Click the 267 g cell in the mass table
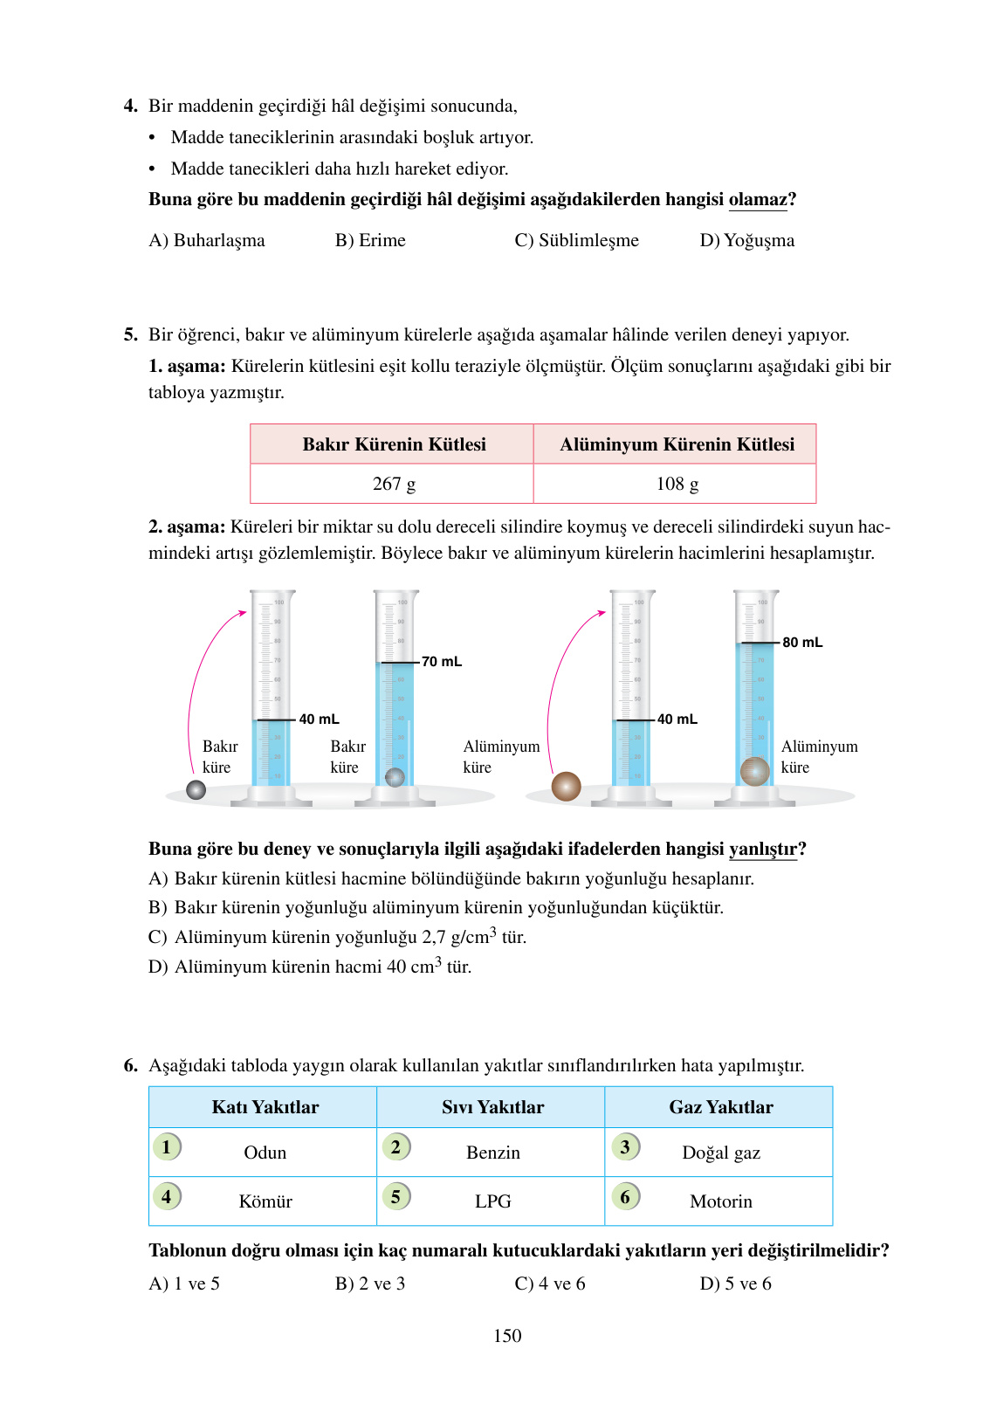[394, 484]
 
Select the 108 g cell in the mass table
[677, 484]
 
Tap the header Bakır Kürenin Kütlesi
[394, 444]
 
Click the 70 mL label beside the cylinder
[442, 662]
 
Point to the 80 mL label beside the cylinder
[802, 643]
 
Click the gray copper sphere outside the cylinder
[196, 789]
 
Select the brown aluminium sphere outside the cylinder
[567, 787]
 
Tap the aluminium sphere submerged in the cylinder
[754, 771]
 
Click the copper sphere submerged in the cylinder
[395, 776]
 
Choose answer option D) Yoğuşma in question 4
[747, 241]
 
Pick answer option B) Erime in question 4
[370, 241]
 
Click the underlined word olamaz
[758, 200]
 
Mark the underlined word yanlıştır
[763, 850]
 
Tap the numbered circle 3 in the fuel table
[625, 1146]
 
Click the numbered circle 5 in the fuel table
[395, 1196]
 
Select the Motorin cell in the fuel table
[720, 1201]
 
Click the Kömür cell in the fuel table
[265, 1201]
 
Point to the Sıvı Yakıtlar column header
[492, 1107]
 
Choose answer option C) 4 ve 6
[550, 1284]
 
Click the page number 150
[507, 1336]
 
